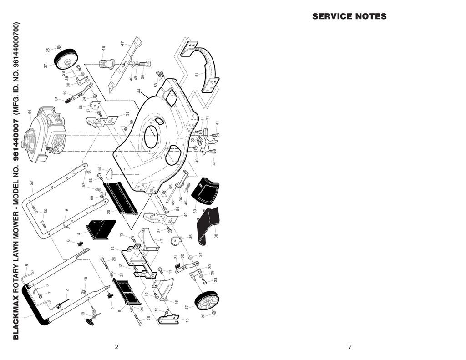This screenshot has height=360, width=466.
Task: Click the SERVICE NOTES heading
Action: [x=349, y=17]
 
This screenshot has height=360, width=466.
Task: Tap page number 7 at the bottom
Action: [x=350, y=347]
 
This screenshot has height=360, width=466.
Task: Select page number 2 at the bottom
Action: [x=116, y=347]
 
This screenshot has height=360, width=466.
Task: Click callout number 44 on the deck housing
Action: [x=139, y=91]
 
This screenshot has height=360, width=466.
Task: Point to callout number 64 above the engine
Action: [x=30, y=112]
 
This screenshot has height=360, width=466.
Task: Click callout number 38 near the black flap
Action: [x=216, y=236]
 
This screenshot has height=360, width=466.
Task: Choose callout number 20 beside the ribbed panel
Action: [x=109, y=212]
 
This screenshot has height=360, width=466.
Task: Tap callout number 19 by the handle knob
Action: [x=83, y=314]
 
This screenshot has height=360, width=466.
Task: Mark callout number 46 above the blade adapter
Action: [x=104, y=48]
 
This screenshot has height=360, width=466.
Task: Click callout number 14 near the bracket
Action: [x=113, y=248]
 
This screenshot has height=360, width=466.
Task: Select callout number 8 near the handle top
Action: [x=27, y=265]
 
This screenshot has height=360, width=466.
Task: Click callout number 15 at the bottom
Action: [x=187, y=320]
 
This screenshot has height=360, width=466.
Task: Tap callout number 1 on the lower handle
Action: [x=25, y=316]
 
